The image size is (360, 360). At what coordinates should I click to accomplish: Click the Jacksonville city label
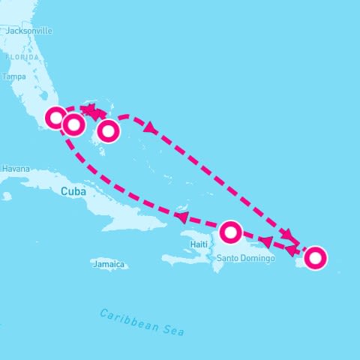click(28, 31)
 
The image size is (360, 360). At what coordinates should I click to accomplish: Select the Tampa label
click(14, 76)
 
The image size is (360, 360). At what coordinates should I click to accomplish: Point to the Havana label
click(15, 169)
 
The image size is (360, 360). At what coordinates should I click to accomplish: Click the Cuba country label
click(73, 191)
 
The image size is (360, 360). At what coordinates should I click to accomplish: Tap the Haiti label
click(199, 244)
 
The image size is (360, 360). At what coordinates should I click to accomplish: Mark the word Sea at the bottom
click(173, 330)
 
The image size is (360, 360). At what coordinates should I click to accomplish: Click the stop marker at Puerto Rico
click(316, 258)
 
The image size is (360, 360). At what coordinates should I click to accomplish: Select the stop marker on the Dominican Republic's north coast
click(230, 231)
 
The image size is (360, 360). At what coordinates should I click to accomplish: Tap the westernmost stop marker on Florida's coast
click(55, 118)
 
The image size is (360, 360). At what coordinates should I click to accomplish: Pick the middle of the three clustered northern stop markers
click(73, 124)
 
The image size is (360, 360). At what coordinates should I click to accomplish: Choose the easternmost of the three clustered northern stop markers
click(109, 131)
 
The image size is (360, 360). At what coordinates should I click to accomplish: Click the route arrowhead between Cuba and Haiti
click(180, 217)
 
